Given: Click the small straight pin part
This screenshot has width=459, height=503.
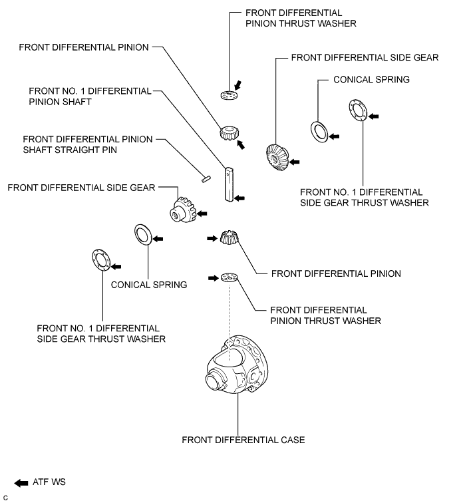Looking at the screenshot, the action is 206,179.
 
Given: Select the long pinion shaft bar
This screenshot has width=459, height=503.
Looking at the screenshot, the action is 229,184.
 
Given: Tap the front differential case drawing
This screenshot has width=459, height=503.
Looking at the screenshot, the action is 237,365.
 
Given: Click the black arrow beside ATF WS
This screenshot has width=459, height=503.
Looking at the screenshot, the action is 21,483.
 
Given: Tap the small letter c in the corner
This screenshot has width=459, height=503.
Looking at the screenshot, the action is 5,498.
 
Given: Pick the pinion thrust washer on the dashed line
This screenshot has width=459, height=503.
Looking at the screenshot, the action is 230,277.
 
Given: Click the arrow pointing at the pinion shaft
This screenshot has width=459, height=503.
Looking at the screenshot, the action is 239,198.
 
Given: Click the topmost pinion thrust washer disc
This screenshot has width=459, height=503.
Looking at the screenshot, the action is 230,95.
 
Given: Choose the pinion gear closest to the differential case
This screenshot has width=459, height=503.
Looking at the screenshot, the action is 229,238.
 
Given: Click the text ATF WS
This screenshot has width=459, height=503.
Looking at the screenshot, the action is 49,482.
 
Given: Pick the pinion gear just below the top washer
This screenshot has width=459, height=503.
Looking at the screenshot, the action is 230,133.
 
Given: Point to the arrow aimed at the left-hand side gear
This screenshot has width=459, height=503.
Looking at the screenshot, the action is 202,214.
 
